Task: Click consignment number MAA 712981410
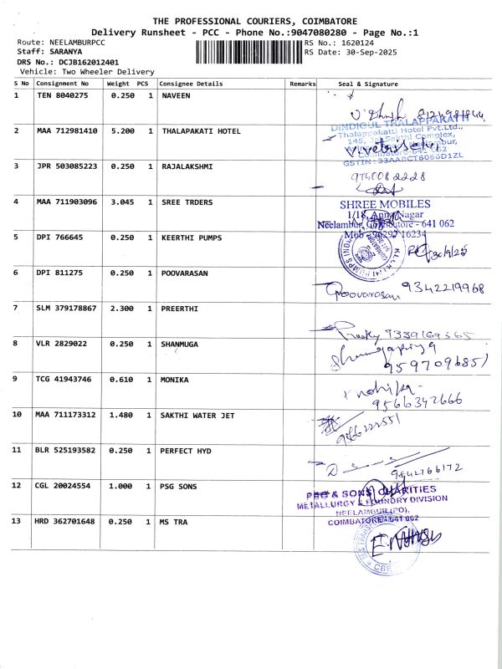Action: point(67,131)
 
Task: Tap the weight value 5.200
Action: point(124,131)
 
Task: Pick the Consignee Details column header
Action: point(191,84)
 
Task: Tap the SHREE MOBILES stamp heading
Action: point(385,204)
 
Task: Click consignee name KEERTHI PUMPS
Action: point(192,237)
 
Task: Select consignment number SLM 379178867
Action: point(67,309)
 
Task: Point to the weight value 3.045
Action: point(124,202)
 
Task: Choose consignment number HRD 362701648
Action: point(67,522)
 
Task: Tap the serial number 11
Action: point(18,450)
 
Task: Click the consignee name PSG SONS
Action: point(181,486)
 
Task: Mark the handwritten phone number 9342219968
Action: point(444,289)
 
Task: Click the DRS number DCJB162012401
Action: point(82,62)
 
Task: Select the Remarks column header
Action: point(302,84)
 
